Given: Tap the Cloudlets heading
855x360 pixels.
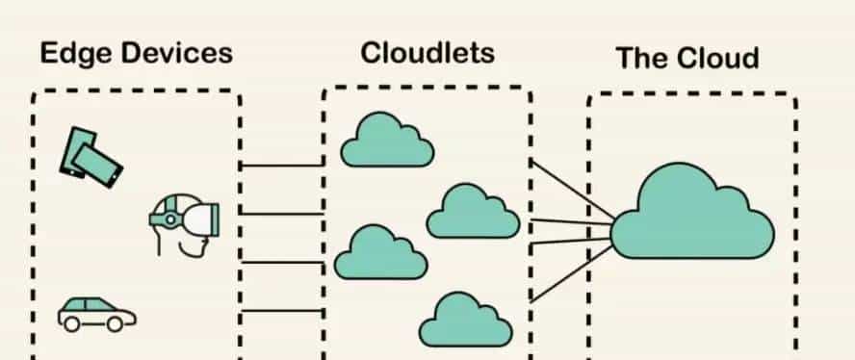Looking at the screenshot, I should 427,52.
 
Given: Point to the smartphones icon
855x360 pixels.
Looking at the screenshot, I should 91,155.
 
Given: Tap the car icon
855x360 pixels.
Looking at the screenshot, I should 96,312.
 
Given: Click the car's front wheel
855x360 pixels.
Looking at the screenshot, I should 116,324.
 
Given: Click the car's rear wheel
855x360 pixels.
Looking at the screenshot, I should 71,324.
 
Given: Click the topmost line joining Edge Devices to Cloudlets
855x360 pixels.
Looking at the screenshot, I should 281,166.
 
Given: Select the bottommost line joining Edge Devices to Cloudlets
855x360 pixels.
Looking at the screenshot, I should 281,310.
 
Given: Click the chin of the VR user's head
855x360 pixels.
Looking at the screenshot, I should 198,252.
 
